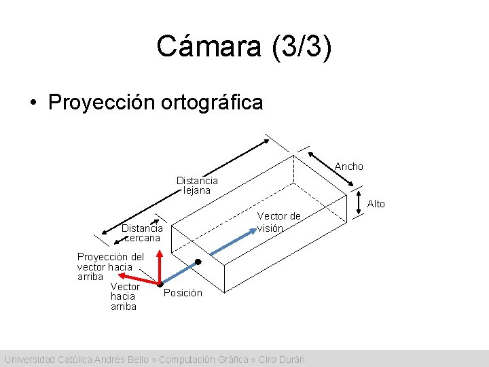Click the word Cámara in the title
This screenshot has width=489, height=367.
click(x=203, y=46)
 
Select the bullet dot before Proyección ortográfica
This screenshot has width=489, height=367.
click(x=33, y=103)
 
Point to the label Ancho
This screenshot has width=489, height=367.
click(x=349, y=167)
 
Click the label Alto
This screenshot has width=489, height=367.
click(x=376, y=204)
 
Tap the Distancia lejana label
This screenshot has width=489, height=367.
click(x=197, y=186)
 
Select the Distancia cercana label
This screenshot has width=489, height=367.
click(x=142, y=233)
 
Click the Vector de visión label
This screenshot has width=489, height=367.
click(x=278, y=222)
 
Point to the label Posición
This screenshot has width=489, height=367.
click(x=183, y=293)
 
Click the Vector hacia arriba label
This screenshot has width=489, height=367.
click(x=124, y=296)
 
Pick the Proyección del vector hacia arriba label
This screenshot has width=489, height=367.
click(x=110, y=266)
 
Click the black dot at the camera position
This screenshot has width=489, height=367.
click(x=160, y=285)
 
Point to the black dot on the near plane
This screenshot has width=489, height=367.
click(x=198, y=262)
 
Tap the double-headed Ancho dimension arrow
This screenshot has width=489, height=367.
click(x=330, y=168)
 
